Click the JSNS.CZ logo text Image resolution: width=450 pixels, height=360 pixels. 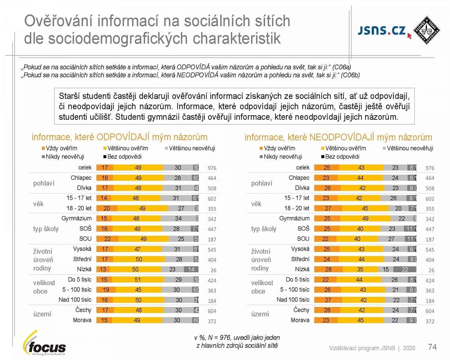[x=382, y=31]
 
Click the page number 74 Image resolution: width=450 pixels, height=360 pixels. [x=432, y=347]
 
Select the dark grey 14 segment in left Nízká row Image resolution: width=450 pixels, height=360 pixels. [x=191, y=269]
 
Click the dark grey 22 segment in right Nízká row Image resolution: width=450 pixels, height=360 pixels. [x=405, y=269]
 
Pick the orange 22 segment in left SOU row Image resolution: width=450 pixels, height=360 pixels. [x=107, y=239]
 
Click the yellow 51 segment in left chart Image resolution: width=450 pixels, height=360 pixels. [x=138, y=280]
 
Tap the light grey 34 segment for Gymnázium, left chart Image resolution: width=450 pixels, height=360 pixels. [x=178, y=218]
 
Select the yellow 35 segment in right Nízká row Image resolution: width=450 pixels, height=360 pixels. [x=360, y=269]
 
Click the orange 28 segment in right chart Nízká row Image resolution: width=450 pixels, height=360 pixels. [x=328, y=269]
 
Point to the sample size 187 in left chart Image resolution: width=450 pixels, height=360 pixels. [x=212, y=239]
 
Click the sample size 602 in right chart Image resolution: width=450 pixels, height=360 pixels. [x=430, y=199]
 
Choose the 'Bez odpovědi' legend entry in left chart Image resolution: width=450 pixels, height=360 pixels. [x=122, y=157]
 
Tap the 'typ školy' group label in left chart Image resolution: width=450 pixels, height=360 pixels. [x=46, y=229]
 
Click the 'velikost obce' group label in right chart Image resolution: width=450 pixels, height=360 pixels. [x=262, y=287]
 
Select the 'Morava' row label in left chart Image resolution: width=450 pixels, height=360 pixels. [x=82, y=320]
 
